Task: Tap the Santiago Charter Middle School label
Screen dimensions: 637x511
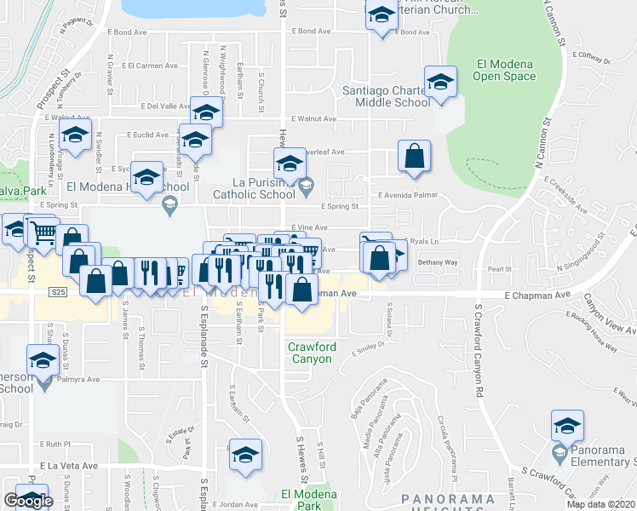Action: coord(386,96)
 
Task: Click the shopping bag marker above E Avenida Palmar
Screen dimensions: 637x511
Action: coord(414,157)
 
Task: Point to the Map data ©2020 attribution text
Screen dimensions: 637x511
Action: coord(601,504)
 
